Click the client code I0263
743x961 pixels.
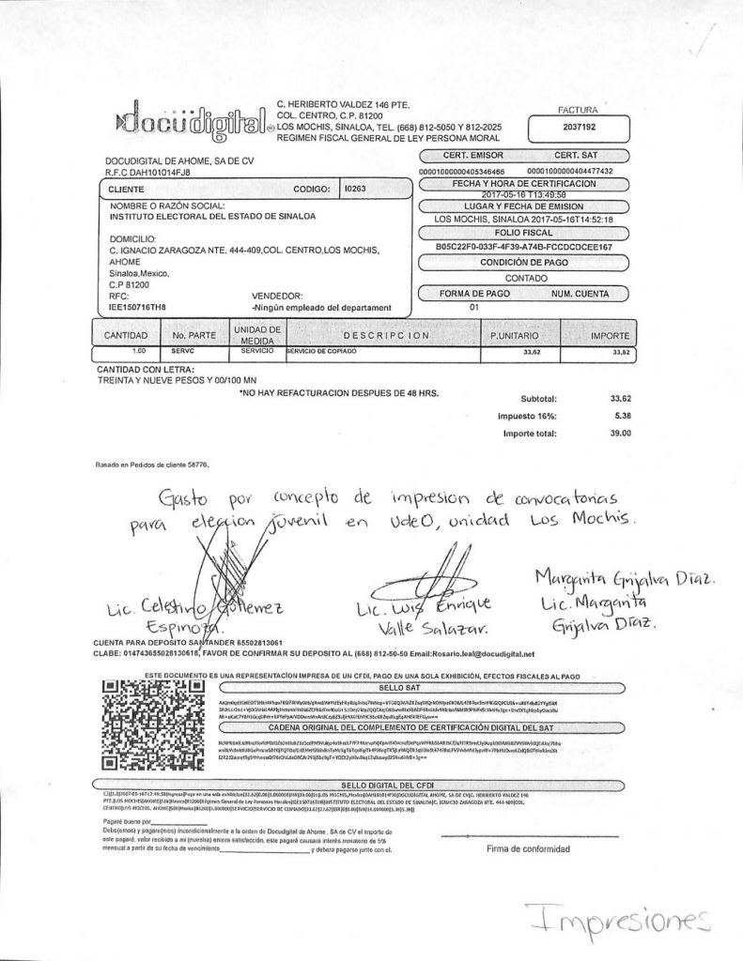click(355, 189)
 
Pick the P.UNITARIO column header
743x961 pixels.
click(512, 335)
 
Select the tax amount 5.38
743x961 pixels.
click(622, 415)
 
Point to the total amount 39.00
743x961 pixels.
click(620, 434)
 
